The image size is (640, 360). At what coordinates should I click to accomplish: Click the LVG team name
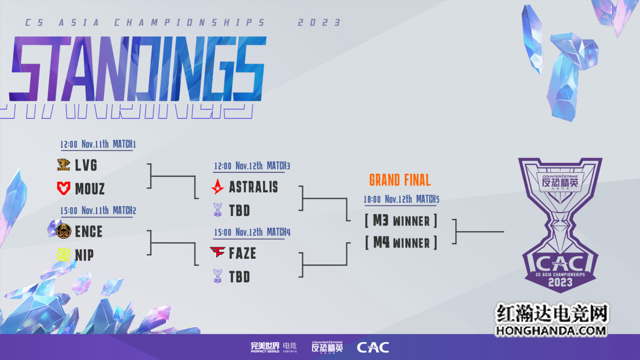[x=86, y=166]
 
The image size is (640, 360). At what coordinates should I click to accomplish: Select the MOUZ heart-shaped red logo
[x=64, y=189]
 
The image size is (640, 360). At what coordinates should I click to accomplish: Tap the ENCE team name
[x=89, y=232]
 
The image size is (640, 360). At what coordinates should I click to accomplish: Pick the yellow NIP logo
[x=64, y=255]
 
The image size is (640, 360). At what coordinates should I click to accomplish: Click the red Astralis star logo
[x=217, y=187]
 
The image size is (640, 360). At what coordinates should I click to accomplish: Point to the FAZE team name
[x=242, y=253]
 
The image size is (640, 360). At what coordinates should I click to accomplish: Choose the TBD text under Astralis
[x=239, y=211]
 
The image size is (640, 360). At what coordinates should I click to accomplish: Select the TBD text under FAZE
[x=239, y=277]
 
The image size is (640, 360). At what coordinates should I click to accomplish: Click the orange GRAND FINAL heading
[x=400, y=180]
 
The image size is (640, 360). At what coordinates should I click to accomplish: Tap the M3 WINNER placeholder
[x=401, y=221]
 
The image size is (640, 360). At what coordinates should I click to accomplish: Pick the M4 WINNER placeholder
[x=401, y=243]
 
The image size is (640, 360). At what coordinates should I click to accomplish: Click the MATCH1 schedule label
[x=124, y=144]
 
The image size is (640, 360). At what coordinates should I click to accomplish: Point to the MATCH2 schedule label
[x=124, y=211]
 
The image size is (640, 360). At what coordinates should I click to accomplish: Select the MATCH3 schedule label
[x=278, y=166]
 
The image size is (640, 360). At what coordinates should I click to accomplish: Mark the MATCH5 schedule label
[x=428, y=199]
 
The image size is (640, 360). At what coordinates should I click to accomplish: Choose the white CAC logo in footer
[x=373, y=347]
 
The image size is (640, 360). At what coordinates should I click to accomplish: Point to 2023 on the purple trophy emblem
[x=560, y=283]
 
